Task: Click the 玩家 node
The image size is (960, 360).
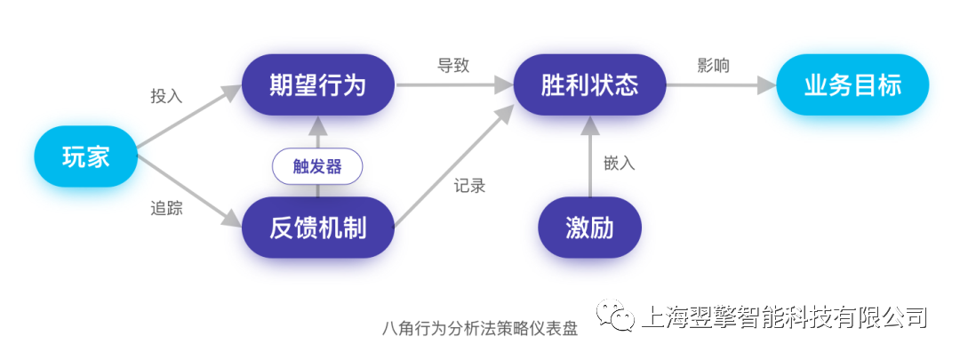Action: click(86, 156)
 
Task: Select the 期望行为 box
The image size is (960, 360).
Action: click(317, 85)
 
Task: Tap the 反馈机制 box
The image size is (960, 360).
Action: click(317, 228)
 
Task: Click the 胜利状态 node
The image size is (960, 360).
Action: click(589, 85)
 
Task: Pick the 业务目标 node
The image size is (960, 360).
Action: click(852, 85)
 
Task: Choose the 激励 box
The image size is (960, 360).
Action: click(589, 228)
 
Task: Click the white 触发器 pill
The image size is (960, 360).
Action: click(317, 165)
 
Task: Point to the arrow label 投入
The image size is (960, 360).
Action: click(166, 96)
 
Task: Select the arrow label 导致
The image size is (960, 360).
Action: click(453, 66)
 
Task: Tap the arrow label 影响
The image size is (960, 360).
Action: click(714, 66)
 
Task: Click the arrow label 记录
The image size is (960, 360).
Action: click(469, 186)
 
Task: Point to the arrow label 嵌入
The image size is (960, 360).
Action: click(619, 164)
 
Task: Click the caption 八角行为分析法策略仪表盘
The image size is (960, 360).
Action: click(479, 328)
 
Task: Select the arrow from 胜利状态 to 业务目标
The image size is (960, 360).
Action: click(720, 86)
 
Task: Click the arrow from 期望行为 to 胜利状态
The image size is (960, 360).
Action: click(453, 86)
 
